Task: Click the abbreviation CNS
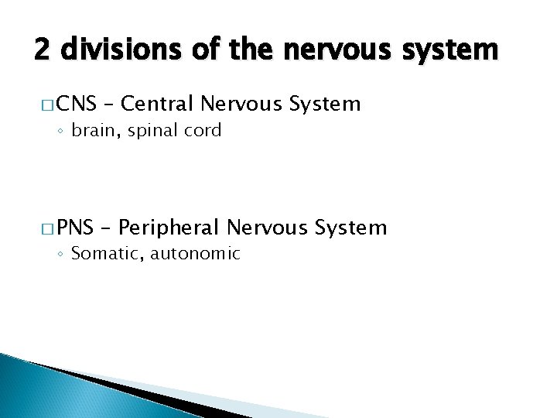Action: pyautogui.click(x=76, y=104)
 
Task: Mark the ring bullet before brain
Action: pyautogui.click(x=62, y=131)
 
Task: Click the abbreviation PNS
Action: pyautogui.click(x=75, y=228)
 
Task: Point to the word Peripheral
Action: pyautogui.click(x=170, y=228)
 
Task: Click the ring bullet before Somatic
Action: pyautogui.click(x=62, y=254)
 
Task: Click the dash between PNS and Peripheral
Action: pyautogui.click(x=106, y=228)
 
